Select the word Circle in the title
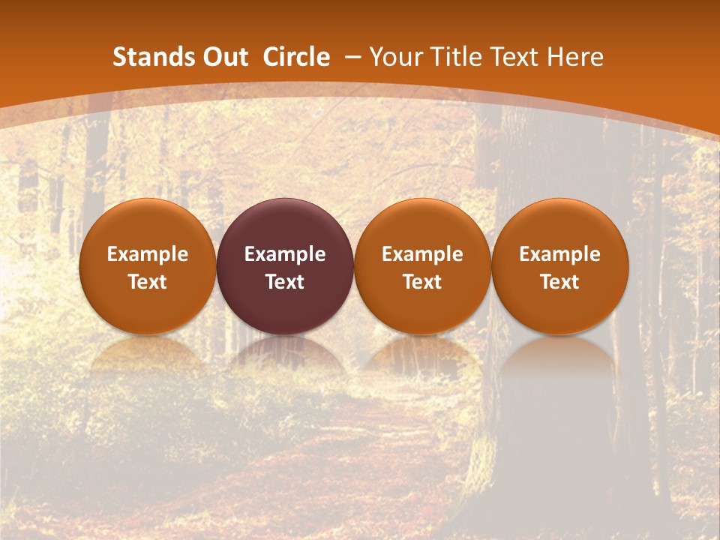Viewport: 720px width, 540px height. (296, 57)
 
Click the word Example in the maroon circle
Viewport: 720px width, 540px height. (285, 254)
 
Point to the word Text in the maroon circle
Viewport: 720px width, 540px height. (285, 282)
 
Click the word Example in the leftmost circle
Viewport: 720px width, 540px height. (148, 254)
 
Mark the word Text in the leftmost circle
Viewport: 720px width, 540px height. (148, 282)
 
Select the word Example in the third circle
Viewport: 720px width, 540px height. (422, 254)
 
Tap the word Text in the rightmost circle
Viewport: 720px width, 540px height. (559, 282)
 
